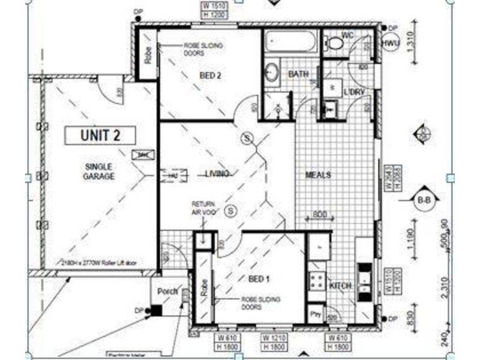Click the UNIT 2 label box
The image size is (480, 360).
tap(100, 135)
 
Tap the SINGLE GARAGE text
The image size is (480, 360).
tap(100, 171)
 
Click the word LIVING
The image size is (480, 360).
tap(217, 174)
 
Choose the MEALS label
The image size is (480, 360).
tap(319, 175)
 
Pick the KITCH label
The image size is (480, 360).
tap(341, 286)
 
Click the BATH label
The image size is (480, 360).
tap(298, 74)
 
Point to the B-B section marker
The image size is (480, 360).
tap(424, 200)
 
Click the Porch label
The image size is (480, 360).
tap(167, 292)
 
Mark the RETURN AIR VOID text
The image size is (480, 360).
tap(203, 207)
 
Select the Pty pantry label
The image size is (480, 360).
tap(314, 313)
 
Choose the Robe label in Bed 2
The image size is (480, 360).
tap(148, 55)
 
